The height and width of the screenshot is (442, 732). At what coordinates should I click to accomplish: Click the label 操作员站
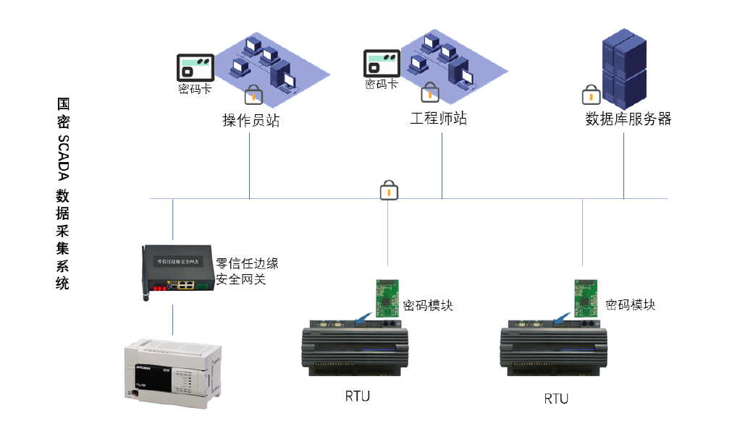coord(251,121)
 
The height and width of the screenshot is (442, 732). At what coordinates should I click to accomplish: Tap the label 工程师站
coord(438,119)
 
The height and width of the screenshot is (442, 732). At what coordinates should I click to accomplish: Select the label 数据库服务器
coord(628,119)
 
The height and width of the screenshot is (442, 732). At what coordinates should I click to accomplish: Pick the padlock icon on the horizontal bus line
coord(389,191)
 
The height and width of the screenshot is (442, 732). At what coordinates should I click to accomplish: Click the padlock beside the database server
coord(591,94)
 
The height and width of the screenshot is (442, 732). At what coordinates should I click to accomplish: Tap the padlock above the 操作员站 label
coord(253,94)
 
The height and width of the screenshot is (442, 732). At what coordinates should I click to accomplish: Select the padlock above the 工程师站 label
coord(429,92)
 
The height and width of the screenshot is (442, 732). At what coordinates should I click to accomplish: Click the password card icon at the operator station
coord(195,67)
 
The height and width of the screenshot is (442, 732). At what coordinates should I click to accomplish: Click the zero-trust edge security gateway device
coord(178,269)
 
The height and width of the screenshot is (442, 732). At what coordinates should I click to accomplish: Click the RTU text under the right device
coord(556,399)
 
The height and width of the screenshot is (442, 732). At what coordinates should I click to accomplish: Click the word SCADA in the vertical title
coord(64,155)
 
